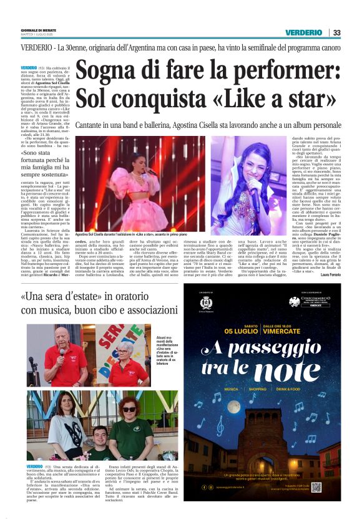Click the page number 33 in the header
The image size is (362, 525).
tap(336, 32)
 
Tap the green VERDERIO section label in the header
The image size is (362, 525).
tap(304, 32)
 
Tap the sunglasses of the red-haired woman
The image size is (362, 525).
tap(130, 409)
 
